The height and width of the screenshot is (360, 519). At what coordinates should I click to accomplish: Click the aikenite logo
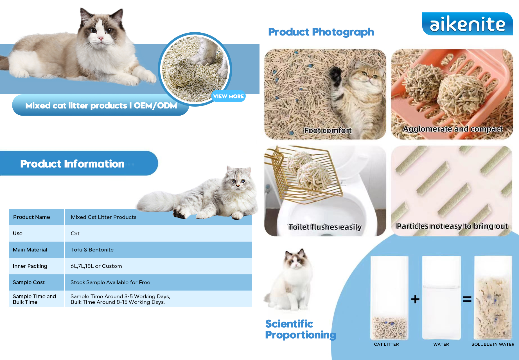pos(467,24)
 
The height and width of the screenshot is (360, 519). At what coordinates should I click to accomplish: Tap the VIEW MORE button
pos(228,96)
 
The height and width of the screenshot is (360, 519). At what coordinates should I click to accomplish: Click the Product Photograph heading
pos(321,32)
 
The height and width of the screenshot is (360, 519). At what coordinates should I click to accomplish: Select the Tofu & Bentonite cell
pos(92,250)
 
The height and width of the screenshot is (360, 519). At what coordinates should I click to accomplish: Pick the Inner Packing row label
pos(30,266)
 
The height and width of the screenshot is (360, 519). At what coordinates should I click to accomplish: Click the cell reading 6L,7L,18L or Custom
pos(96,266)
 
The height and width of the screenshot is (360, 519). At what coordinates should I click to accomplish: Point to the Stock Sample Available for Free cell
pos(111,282)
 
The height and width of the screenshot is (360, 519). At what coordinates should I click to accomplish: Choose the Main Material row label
pos(30,250)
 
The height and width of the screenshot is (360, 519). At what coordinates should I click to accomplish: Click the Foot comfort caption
pos(328,130)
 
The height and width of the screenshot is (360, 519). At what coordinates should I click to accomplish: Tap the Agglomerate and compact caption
pos(453,129)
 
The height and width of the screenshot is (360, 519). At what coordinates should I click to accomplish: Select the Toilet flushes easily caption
pos(325,227)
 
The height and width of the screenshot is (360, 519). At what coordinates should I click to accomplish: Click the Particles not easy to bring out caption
pos(452,226)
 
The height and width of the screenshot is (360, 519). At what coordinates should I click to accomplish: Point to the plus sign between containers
pos(415,299)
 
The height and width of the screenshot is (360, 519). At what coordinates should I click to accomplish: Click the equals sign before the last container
pos(467,299)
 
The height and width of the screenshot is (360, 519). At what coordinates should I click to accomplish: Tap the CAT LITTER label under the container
pos(386,344)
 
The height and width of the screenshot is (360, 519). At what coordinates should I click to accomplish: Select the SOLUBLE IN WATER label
pos(493,344)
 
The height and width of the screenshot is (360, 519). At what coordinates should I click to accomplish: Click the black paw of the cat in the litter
pos(336,75)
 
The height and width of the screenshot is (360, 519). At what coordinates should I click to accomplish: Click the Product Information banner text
pos(72,164)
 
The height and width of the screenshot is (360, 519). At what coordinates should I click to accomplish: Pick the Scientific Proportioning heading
pos(301,329)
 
